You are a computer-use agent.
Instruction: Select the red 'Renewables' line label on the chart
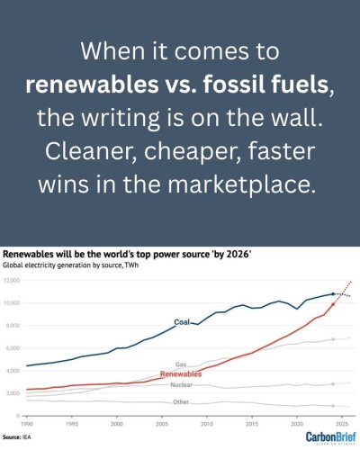[x=180, y=373]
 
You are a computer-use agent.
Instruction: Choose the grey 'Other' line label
[x=181, y=401]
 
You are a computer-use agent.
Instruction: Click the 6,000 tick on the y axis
[x=13, y=348]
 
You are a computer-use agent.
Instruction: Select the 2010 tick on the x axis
[x=207, y=423]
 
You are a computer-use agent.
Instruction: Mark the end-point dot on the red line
[x=334, y=304]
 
